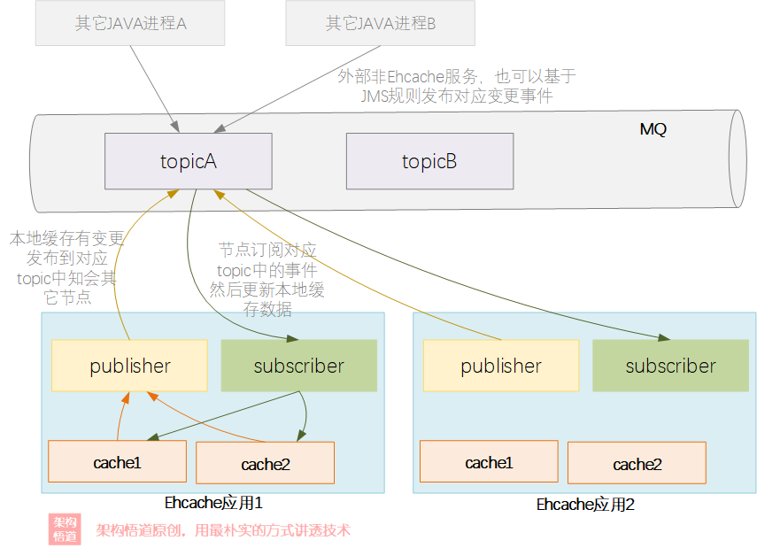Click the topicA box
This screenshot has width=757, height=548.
click(189, 161)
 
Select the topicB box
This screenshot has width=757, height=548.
click(429, 161)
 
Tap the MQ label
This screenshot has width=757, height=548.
click(653, 129)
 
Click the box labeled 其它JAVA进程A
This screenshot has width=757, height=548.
click(130, 23)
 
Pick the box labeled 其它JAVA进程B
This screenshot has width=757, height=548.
click(381, 23)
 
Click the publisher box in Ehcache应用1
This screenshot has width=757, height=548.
click(130, 366)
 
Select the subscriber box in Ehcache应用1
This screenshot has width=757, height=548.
click(299, 366)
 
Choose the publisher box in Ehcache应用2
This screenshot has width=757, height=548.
click(501, 366)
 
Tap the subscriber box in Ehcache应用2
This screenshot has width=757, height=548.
click(670, 366)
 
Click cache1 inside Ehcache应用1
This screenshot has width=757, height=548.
click(118, 461)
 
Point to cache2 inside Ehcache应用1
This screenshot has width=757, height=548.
click(265, 463)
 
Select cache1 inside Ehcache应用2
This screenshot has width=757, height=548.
click(489, 461)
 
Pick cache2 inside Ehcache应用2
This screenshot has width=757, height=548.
click(637, 463)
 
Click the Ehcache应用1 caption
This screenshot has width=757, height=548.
click(213, 503)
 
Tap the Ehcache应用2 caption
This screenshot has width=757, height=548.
click(585, 505)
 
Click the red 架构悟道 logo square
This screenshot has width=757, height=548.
click(65, 529)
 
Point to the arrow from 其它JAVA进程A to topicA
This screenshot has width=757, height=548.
click(155, 89)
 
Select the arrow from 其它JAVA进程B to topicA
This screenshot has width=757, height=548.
click(297, 89)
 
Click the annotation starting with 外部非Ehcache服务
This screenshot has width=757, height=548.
click(457, 86)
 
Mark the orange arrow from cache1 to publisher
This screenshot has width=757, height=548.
click(120, 415)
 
